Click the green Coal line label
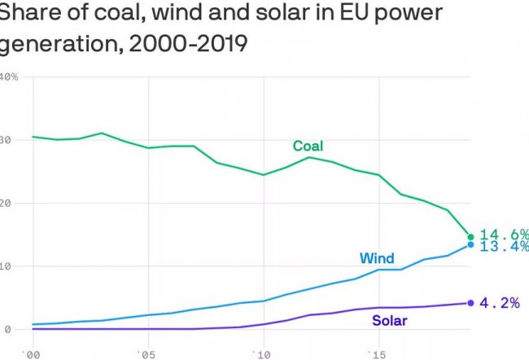click(x=308, y=147)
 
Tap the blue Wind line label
click(x=377, y=259)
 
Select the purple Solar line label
click(x=390, y=320)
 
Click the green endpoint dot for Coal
click(x=470, y=237)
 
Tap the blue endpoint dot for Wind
click(x=470, y=244)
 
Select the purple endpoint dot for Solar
click(x=470, y=303)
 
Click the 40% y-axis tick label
click(x=8, y=77)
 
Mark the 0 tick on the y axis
click(x=4, y=329)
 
